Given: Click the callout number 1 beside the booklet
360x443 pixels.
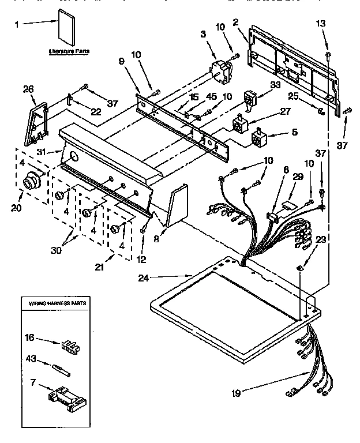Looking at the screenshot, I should [x=17, y=24].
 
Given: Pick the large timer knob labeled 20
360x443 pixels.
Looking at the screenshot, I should [x=30, y=182].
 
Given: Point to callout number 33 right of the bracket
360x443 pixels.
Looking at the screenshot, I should [x=275, y=85].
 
